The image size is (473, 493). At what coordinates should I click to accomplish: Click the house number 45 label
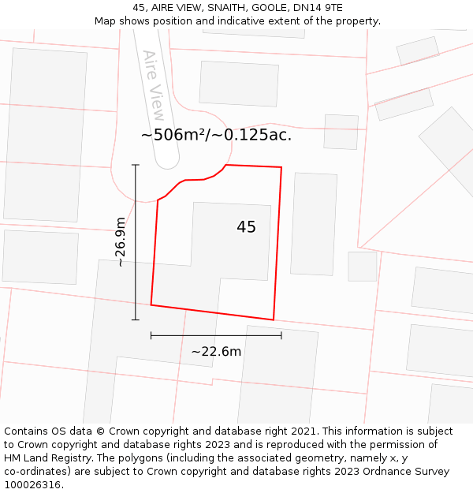(246, 227)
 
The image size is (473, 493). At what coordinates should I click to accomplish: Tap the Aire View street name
(154, 85)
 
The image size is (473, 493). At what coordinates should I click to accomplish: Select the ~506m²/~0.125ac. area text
(216, 135)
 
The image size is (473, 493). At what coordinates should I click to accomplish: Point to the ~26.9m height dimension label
(121, 242)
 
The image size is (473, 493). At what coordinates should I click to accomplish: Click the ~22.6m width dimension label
(216, 352)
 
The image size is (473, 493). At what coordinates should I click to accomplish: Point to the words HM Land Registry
(47, 458)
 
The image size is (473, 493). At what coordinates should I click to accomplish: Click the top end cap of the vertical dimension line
(136, 165)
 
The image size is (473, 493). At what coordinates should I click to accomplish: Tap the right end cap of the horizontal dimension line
(281, 335)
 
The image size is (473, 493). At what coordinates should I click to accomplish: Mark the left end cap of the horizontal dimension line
(151, 335)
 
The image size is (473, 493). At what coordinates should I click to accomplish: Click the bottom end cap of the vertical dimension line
(136, 319)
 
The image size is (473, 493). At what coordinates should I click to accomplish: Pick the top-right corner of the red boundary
(281, 167)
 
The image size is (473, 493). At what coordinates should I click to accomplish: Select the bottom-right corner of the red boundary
(274, 319)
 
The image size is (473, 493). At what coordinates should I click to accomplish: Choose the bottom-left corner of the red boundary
(151, 304)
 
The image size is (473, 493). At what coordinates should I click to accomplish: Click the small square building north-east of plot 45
(341, 132)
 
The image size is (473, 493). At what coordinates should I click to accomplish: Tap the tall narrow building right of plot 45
(314, 224)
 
